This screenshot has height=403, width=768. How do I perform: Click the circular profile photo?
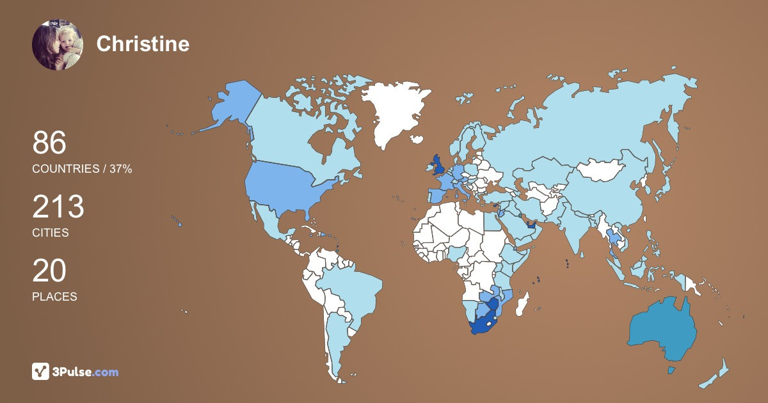(58, 44)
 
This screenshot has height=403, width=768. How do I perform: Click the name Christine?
(143, 44)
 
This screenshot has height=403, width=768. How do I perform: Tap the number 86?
(49, 143)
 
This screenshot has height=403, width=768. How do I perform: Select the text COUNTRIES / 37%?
(82, 169)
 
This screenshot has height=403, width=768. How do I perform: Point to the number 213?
(58, 207)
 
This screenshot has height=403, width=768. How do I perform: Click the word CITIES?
(51, 233)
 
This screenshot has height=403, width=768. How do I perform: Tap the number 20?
(49, 271)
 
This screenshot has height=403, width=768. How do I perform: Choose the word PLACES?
(54, 297)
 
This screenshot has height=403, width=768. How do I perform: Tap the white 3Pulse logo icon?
(41, 372)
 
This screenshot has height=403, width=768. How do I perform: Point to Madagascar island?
(524, 303)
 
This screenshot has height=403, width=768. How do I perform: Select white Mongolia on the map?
(602, 170)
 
